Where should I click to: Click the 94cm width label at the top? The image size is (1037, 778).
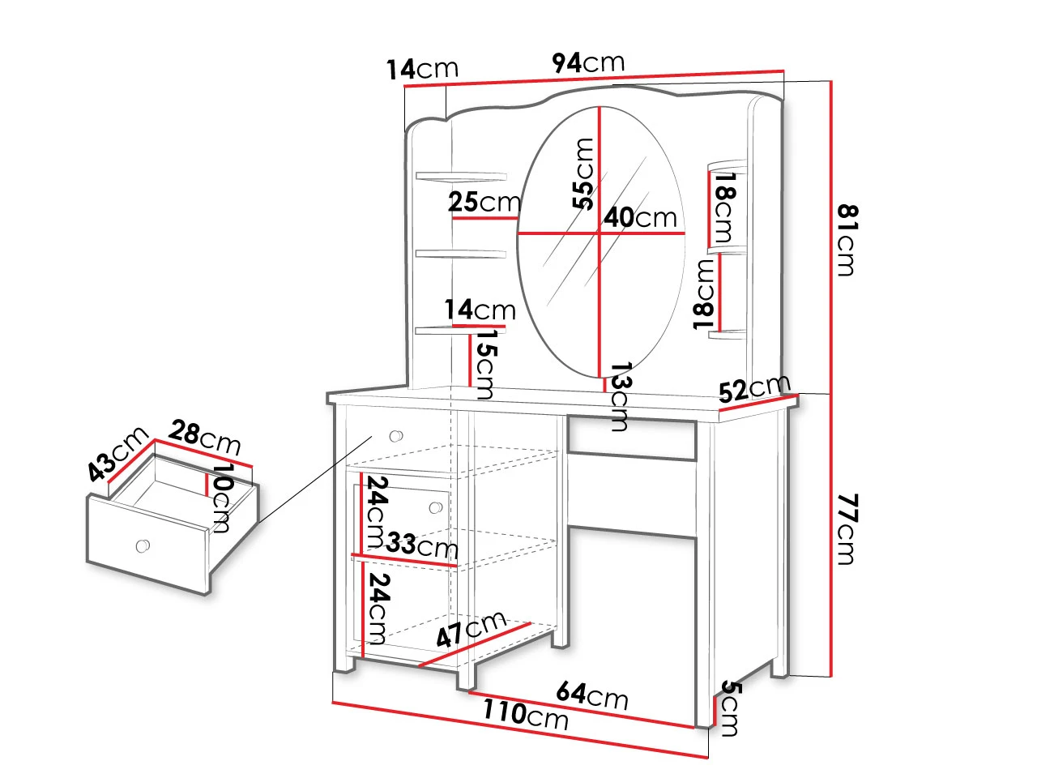click(x=587, y=63)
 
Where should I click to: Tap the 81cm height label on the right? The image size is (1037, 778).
click(x=848, y=241)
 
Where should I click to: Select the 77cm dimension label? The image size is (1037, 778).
click(x=848, y=529)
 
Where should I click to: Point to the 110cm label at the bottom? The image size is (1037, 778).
click(x=525, y=715)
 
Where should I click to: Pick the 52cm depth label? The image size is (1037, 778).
click(x=754, y=387)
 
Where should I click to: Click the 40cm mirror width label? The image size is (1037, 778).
click(x=640, y=217)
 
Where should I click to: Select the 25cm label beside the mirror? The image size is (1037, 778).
click(x=484, y=202)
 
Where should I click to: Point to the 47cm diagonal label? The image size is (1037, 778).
click(x=470, y=630)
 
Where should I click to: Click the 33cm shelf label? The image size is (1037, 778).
click(x=422, y=545)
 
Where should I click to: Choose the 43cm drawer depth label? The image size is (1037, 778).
click(x=117, y=454)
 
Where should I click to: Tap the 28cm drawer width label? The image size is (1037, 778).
click(x=204, y=438)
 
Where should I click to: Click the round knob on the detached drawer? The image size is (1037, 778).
click(x=143, y=545)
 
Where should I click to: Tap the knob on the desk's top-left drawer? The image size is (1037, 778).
click(x=396, y=435)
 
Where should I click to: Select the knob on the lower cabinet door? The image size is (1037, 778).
click(x=436, y=508)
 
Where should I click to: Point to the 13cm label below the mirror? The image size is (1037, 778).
click(x=621, y=397)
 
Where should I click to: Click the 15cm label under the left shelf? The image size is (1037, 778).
click(x=484, y=364)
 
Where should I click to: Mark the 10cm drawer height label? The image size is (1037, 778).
click(x=221, y=498)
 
